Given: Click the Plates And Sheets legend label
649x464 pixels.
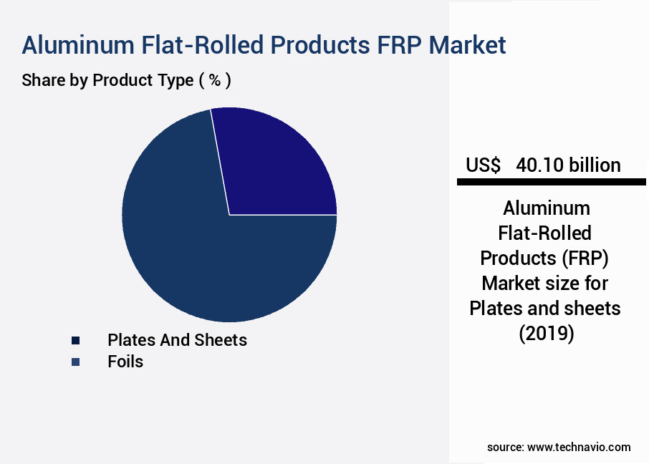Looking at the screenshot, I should (x=177, y=340).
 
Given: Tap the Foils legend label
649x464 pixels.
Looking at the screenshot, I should (x=125, y=362).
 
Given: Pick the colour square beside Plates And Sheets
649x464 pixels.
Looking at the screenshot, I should (x=75, y=341).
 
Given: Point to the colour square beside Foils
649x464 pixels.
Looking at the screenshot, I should (x=75, y=362).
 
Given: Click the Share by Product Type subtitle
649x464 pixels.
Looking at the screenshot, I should (x=107, y=80).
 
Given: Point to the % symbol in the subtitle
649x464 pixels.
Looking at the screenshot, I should (x=214, y=80).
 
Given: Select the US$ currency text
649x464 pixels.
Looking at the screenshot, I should (x=484, y=165).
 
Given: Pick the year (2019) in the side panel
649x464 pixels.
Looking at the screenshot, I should (x=546, y=333).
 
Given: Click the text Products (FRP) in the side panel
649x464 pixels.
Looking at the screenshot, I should (x=546, y=258).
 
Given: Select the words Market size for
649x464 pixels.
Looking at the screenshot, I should (x=546, y=283).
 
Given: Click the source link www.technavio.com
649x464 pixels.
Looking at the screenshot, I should (x=579, y=448).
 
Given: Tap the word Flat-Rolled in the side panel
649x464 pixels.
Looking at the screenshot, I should (x=546, y=233).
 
